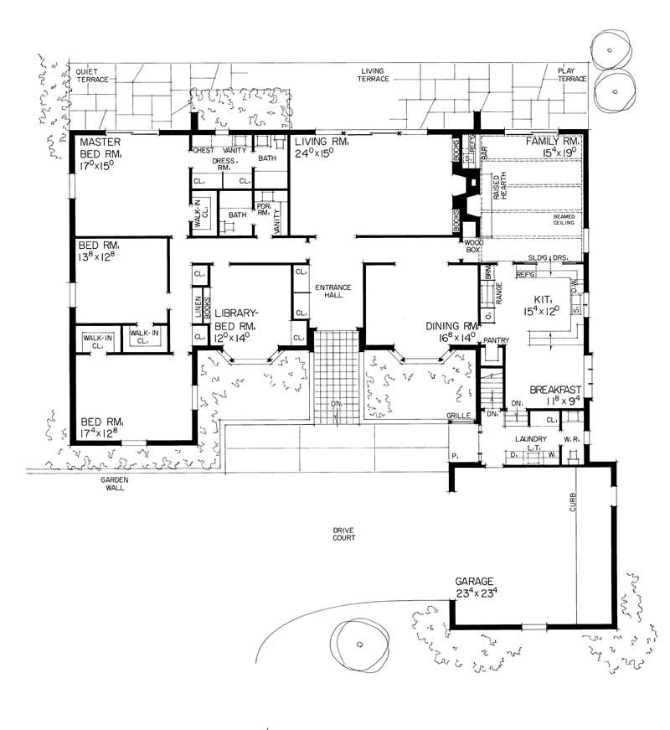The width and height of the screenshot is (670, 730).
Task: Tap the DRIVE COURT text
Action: click(343, 532)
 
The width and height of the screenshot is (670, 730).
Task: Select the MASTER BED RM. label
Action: click(101, 148)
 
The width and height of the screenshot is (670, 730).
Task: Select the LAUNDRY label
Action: click(531, 438)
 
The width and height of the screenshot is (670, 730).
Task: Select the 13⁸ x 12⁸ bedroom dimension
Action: click(102, 257)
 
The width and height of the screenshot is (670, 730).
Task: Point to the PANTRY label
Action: click(497, 340)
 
